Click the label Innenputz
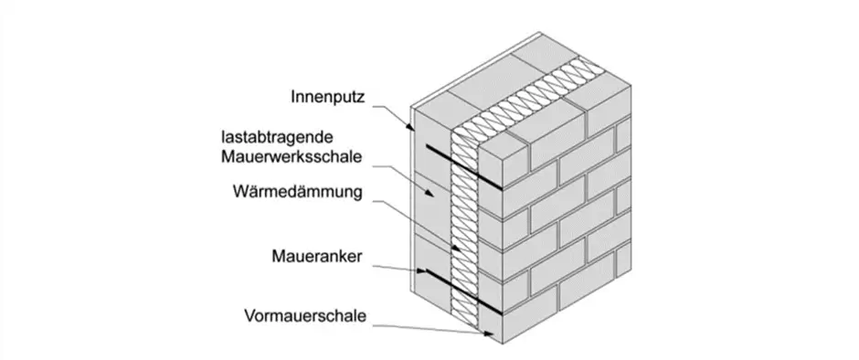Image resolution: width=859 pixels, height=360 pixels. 327,97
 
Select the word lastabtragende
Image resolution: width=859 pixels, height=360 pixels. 277,136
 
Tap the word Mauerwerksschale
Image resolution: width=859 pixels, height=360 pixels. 292,157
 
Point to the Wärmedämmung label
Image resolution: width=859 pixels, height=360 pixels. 298,192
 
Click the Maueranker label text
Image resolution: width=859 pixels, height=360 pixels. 317,257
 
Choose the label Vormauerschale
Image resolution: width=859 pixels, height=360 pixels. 305,316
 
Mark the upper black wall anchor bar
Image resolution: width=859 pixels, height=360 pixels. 464,167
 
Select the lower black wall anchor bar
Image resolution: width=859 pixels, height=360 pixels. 464,292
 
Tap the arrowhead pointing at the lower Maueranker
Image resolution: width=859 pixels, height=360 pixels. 420,270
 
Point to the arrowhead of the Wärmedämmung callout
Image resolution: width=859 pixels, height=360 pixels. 456,247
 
